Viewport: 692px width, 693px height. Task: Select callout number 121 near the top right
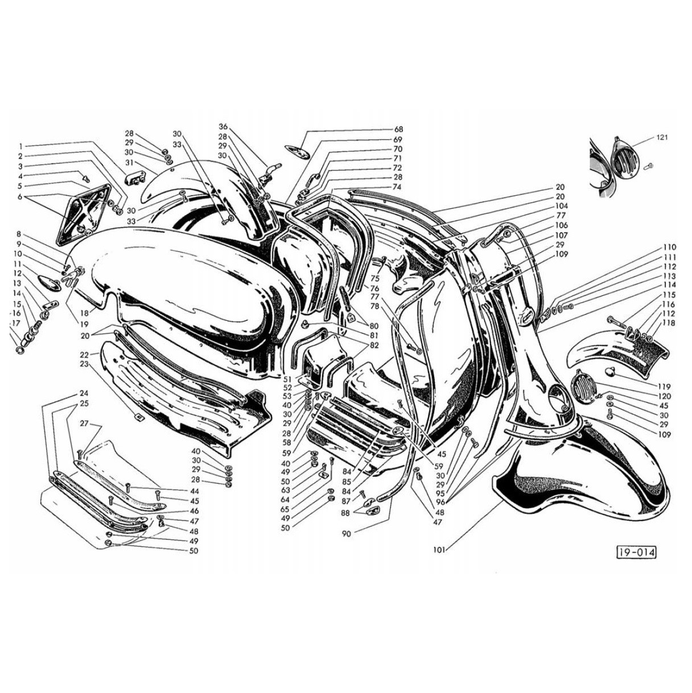click(661, 138)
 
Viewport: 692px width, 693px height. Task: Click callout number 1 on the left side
click(21, 146)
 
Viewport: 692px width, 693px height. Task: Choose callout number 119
click(665, 387)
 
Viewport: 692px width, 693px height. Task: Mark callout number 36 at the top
click(223, 126)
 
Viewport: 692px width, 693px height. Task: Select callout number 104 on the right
click(561, 206)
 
